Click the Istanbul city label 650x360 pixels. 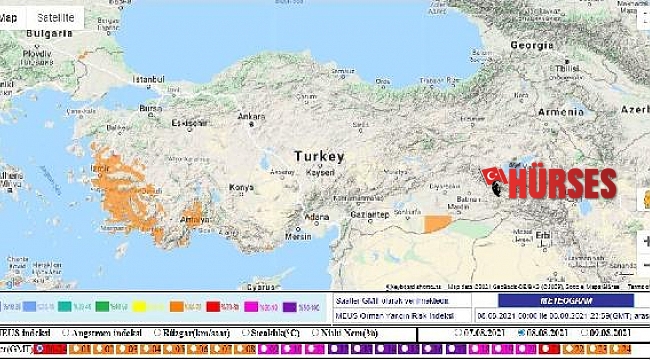point(149,78)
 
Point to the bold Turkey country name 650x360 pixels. point(319,157)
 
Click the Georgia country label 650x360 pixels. point(531,45)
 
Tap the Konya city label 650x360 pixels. point(242,187)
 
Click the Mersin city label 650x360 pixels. point(298,237)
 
